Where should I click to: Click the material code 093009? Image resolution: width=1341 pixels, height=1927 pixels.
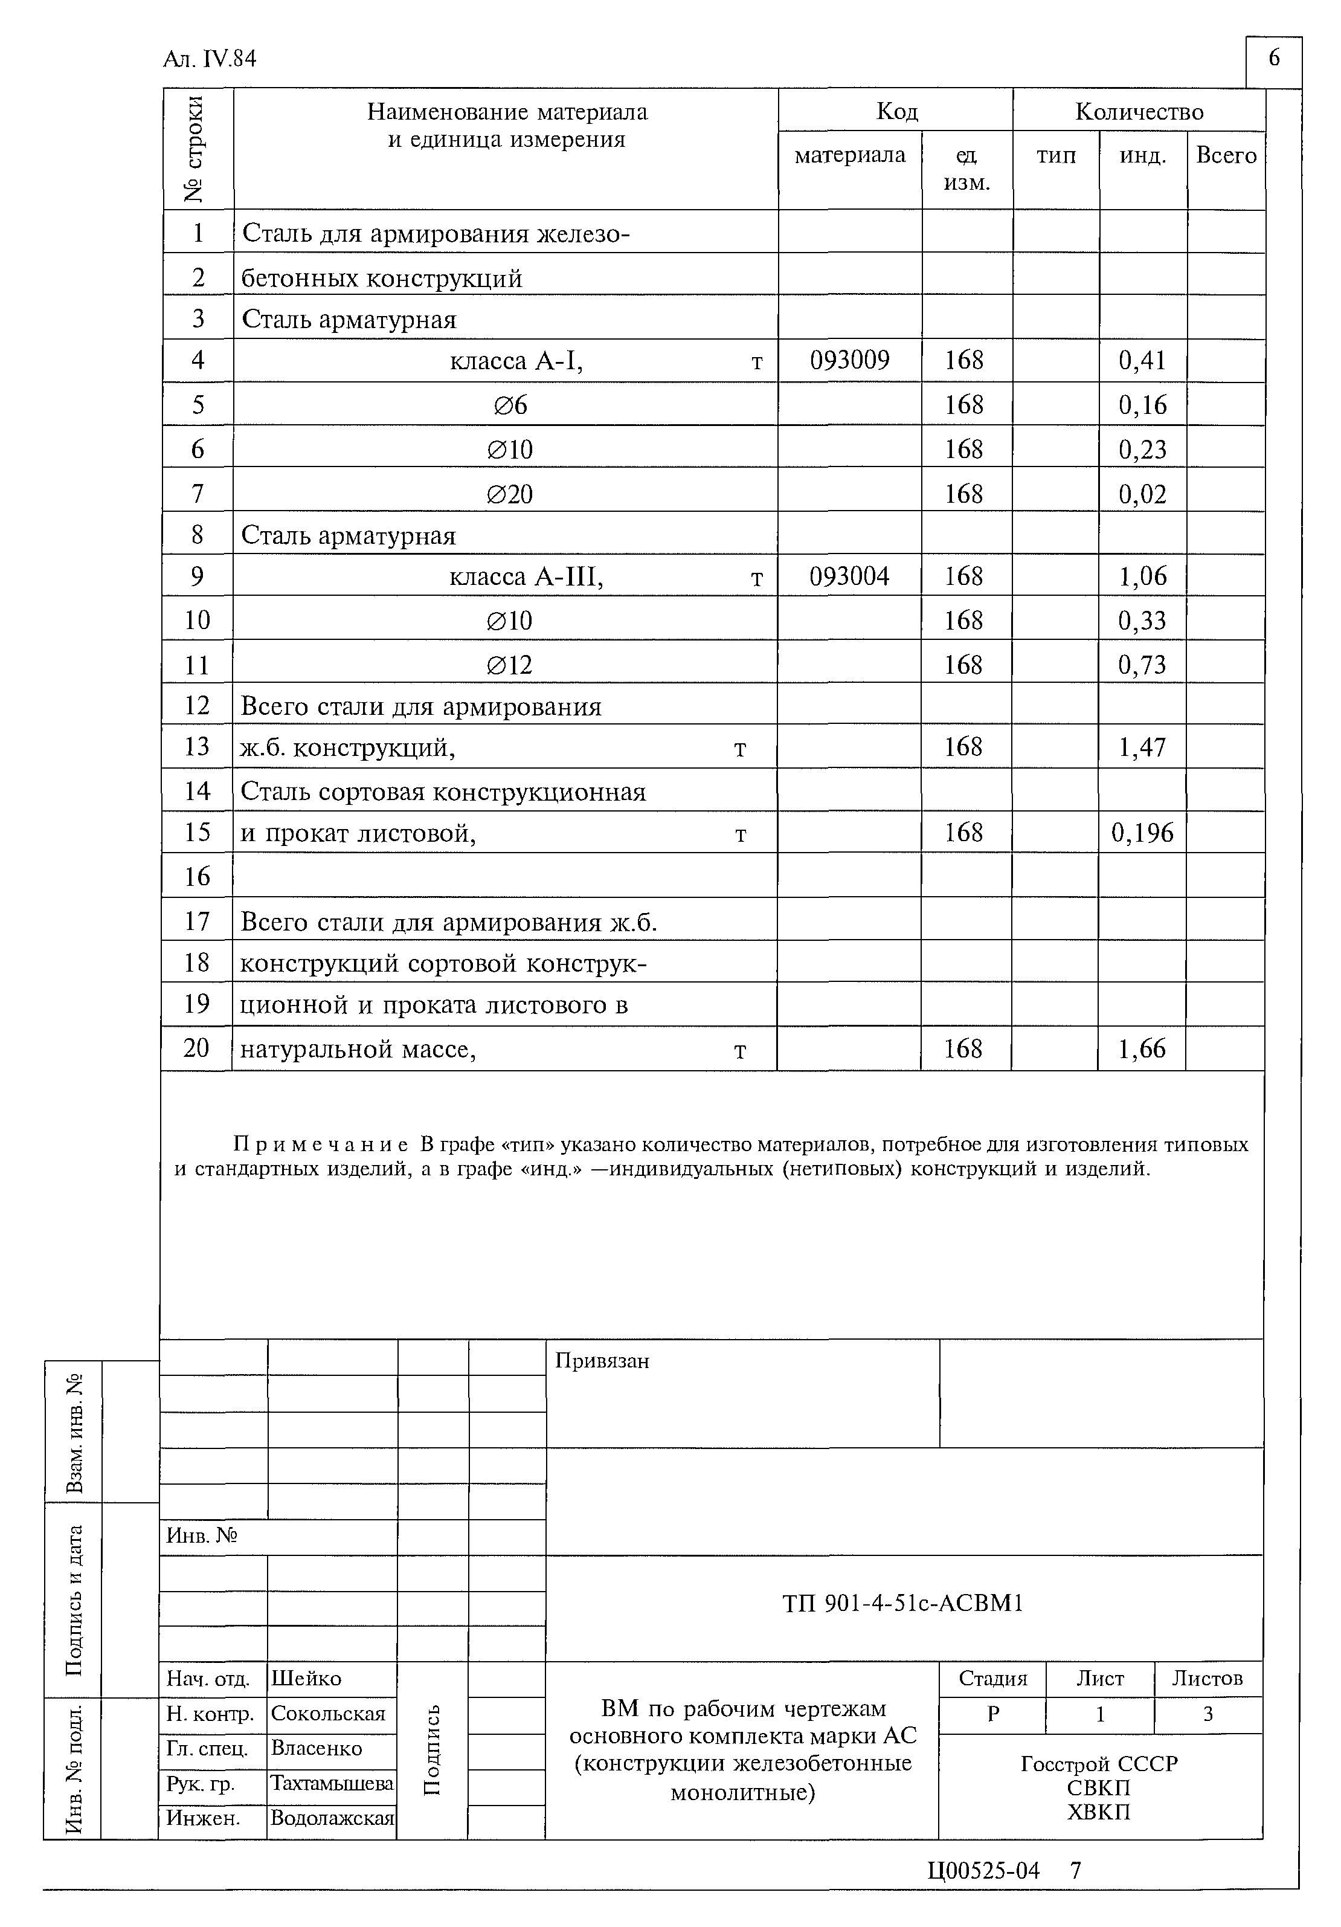pos(849,360)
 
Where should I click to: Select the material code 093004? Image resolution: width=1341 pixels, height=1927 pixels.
pos(849,576)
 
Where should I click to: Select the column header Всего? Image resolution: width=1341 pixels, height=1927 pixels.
pos(1225,155)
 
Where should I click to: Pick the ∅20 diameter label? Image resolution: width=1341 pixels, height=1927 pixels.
pos(509,494)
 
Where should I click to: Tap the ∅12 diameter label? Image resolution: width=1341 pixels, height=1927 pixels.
pos(509,665)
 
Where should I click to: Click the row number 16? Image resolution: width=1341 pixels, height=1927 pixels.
pos(196,876)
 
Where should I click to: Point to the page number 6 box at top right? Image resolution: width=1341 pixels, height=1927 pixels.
pos(1273,59)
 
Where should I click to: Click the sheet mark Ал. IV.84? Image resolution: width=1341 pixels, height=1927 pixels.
pos(210,59)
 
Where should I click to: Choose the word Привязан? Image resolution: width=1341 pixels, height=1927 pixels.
pos(602,1360)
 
